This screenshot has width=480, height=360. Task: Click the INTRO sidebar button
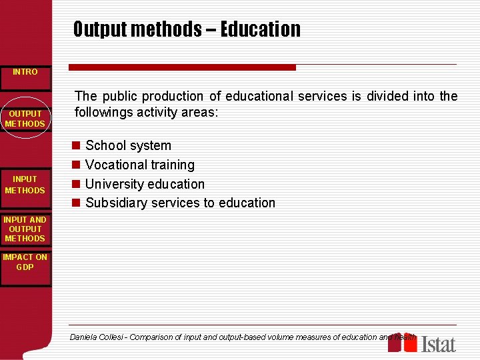(25, 72)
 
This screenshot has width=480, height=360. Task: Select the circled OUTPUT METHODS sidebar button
(25, 119)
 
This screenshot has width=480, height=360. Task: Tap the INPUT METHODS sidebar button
(25, 185)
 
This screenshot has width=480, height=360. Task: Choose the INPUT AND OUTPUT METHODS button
(25, 229)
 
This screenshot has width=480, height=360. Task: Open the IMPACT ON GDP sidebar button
(25, 262)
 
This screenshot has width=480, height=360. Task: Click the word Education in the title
(260, 29)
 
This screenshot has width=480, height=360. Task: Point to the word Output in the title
(100, 29)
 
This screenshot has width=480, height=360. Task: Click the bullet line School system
(128, 145)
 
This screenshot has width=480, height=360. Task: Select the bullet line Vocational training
(140, 165)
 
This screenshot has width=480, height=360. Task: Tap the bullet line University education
(145, 184)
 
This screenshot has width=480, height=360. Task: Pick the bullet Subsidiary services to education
(180, 203)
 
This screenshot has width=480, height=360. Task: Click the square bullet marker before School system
(77, 146)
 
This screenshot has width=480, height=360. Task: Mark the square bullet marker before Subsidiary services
(77, 203)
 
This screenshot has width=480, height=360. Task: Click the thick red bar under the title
(182, 67)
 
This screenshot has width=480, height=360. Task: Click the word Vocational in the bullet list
(115, 165)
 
